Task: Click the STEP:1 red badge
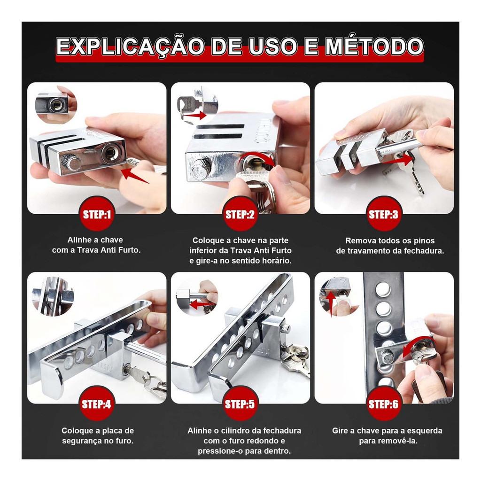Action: (x=97, y=214)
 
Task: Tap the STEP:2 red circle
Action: (x=240, y=214)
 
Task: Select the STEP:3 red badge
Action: (x=384, y=214)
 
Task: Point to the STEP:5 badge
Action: (x=240, y=403)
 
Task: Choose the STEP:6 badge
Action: (x=384, y=403)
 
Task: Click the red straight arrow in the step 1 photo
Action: (x=135, y=176)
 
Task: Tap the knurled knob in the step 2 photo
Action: (x=201, y=169)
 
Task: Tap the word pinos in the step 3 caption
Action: (x=424, y=241)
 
